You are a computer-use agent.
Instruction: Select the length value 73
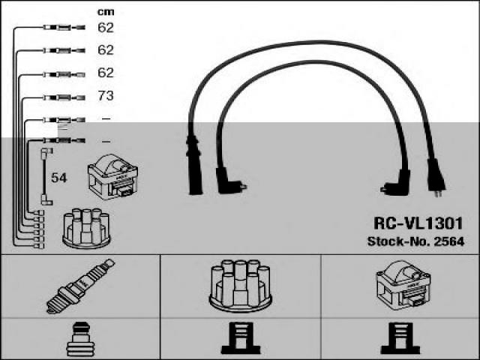pos(105,97)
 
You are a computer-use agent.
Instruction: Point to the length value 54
pos(59,178)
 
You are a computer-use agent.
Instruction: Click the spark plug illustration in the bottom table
pos(80,286)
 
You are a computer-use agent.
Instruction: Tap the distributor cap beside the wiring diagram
pos(86,228)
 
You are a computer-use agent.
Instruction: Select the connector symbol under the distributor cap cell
pos(240,340)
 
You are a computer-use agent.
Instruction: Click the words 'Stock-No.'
pos(396,241)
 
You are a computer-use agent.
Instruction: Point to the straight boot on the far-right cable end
pos(434,174)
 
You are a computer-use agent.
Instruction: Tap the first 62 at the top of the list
pos(105,28)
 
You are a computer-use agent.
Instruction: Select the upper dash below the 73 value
pos(105,118)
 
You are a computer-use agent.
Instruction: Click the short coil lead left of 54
pos(44,177)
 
